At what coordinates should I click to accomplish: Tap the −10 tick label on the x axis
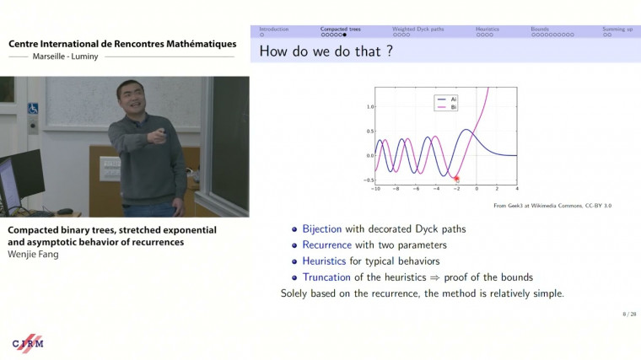[x=374, y=189]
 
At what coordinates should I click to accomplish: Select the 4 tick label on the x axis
[x=517, y=189]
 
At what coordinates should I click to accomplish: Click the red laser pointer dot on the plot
[x=456, y=179]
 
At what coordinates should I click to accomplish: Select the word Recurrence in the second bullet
[x=327, y=244]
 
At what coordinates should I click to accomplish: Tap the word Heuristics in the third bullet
[x=325, y=261]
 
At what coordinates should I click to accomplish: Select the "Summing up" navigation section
[x=617, y=29]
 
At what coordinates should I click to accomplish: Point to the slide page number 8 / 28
[x=628, y=314]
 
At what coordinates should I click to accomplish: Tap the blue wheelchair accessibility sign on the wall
[x=33, y=109]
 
